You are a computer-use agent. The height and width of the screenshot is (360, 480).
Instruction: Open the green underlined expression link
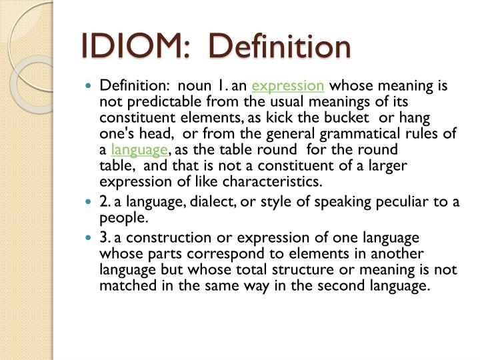point(288,86)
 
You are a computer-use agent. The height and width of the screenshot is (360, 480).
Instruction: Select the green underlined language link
point(139,149)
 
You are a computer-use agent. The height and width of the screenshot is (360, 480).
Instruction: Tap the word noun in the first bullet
point(201,86)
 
